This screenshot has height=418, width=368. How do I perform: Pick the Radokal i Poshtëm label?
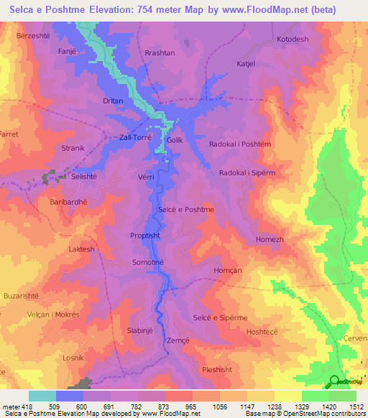239,144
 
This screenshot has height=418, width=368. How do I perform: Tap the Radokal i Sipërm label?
247,173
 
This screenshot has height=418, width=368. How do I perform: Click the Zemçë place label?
178,340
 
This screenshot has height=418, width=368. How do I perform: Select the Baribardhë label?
68,202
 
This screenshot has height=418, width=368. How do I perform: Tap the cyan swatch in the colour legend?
42,396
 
